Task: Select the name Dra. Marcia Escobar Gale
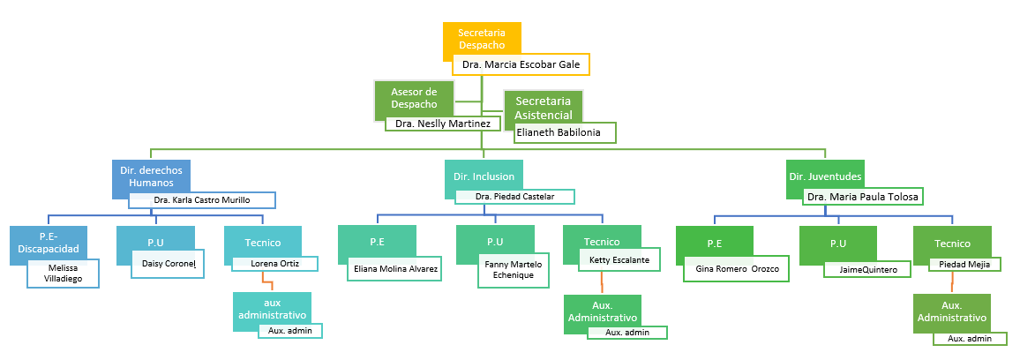(x=521, y=65)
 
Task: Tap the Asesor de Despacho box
(x=414, y=98)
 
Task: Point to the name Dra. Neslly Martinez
(x=442, y=123)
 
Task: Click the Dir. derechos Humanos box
(x=151, y=176)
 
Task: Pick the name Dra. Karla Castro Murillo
(x=202, y=199)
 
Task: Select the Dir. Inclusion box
(x=484, y=176)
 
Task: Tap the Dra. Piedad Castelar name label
(x=514, y=196)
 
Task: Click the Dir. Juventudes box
(x=825, y=176)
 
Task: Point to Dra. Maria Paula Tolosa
(x=863, y=196)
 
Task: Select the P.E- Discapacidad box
(x=49, y=244)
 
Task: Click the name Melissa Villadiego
(x=64, y=274)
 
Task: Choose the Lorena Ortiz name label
(x=275, y=264)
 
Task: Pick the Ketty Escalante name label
(x=619, y=259)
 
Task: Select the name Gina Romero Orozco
(x=736, y=268)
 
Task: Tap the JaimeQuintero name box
(x=867, y=269)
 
